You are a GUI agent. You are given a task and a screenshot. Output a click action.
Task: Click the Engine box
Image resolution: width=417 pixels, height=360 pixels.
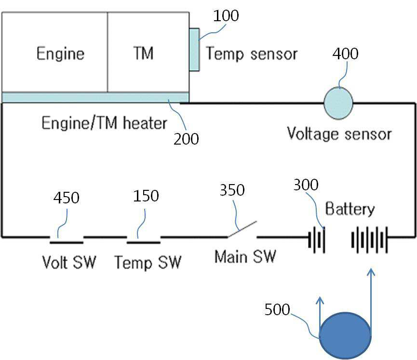(55, 52)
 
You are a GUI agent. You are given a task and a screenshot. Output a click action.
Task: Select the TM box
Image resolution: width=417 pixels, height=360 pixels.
(148, 52)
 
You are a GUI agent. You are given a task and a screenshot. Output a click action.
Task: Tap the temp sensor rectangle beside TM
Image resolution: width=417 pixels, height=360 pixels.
(194, 50)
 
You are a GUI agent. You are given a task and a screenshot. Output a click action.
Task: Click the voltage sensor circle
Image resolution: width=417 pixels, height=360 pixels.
(338, 103)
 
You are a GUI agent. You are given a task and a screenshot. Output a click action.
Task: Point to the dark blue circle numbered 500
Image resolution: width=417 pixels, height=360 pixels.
(345, 335)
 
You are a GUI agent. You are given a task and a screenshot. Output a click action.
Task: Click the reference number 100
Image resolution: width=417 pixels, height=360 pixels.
(226, 16)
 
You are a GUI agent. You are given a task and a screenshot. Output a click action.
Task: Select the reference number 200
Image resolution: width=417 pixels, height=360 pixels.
(186, 139)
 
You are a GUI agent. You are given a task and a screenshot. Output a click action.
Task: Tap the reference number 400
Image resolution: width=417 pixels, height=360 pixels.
(345, 53)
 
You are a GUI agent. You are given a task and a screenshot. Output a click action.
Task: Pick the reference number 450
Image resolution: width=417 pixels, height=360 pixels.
(66, 198)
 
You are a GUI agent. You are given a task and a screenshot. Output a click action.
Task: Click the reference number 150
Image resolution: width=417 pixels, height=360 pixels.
(146, 196)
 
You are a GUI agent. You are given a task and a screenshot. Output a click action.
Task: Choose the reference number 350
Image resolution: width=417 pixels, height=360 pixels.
(232, 190)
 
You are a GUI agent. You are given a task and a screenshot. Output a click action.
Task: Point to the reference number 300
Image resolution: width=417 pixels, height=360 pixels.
(306, 185)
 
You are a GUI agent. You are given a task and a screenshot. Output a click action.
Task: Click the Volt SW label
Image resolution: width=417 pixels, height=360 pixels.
(69, 262)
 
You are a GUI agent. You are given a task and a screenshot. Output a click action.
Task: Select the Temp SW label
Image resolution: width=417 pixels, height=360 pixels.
(148, 263)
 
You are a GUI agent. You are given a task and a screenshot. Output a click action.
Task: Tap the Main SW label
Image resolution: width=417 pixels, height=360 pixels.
(245, 256)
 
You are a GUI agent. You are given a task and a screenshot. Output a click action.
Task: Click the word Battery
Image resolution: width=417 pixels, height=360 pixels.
(350, 209)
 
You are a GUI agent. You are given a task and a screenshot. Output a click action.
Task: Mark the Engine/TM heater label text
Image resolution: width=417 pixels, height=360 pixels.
(104, 123)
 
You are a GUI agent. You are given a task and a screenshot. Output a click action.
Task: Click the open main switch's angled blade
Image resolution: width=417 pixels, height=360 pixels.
(242, 229)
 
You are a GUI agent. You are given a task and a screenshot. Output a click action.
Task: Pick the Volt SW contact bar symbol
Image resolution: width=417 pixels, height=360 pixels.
(67, 242)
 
